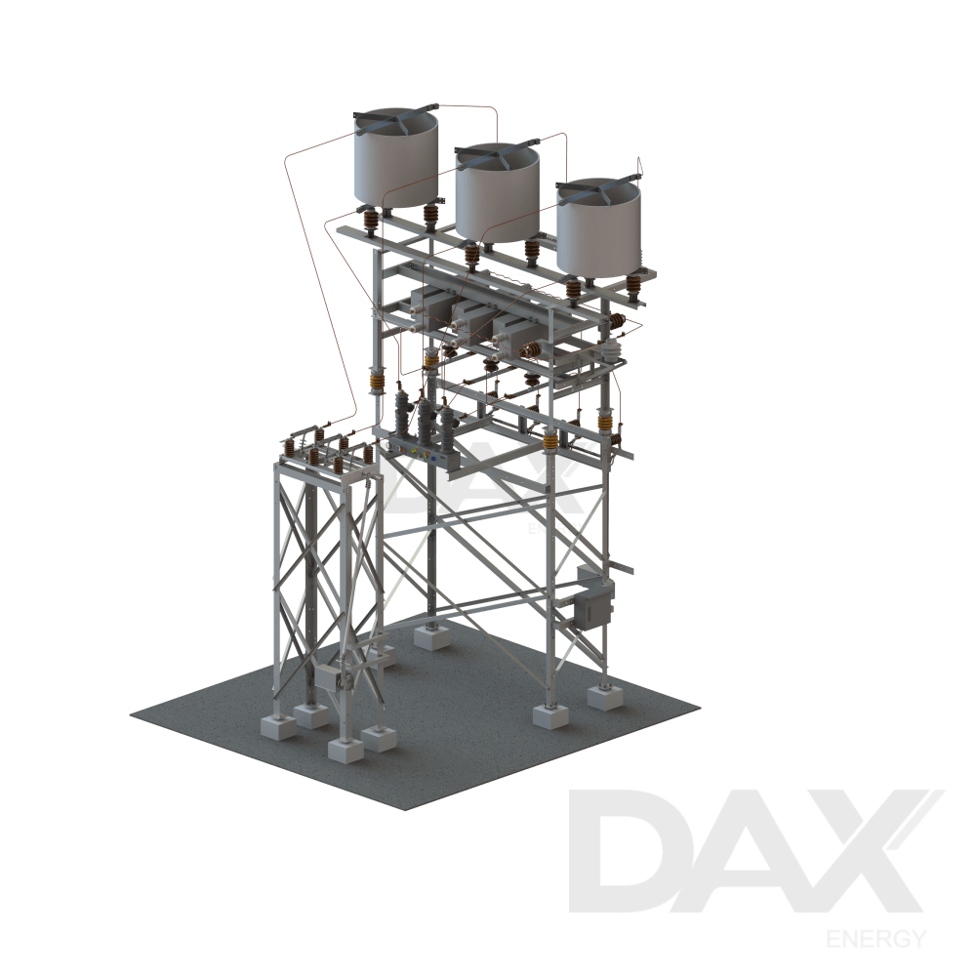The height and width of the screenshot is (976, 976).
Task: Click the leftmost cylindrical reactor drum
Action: point(395,161)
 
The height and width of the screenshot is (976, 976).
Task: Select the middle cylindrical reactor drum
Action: point(497,195)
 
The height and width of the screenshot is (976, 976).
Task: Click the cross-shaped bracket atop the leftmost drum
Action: point(394,118)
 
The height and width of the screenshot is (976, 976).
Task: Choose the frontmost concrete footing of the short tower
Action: point(345,750)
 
